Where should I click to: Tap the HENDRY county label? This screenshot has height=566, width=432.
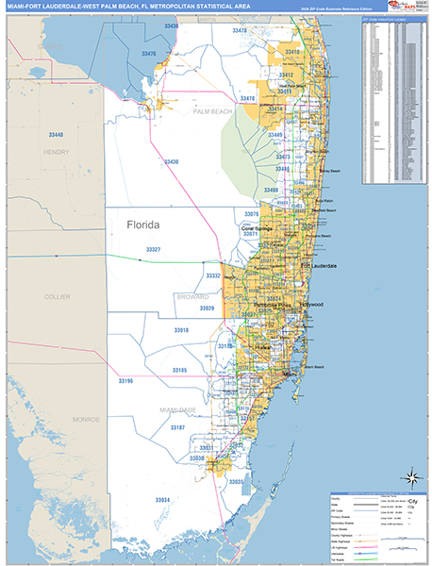57,151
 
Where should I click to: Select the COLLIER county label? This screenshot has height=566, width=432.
57,296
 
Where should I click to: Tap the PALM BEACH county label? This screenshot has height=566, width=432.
212,111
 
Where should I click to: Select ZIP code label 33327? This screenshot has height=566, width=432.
153,249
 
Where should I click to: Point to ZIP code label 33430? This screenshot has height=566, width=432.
171,162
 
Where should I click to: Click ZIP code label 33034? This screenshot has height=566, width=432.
162,499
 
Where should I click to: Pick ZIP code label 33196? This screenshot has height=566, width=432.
126,380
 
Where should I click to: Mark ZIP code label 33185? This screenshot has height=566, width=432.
179,370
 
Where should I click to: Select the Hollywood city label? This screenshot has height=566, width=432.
310,305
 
